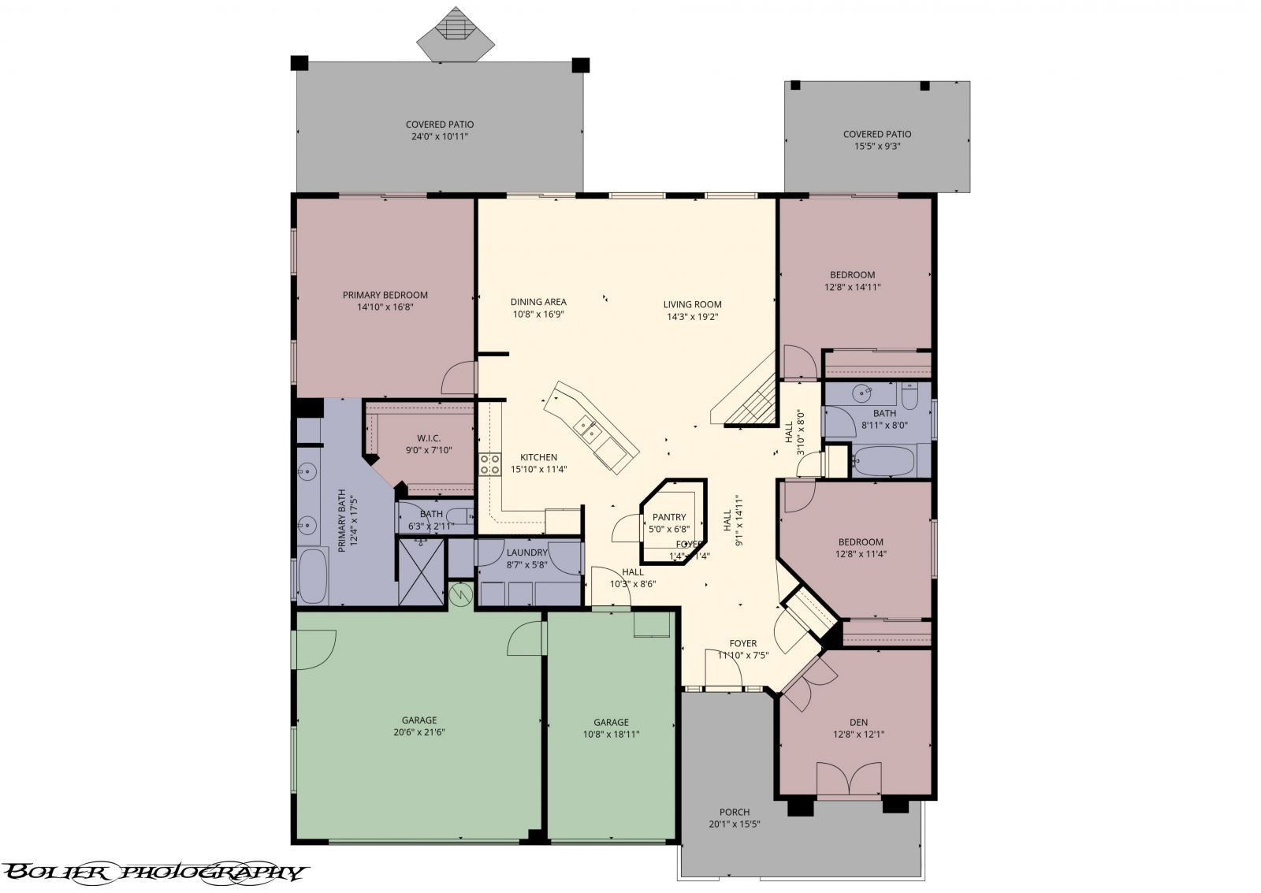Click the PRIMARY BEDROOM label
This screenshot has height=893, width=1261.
[x=385, y=296]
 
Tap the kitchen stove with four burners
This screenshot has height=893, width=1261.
[x=489, y=464]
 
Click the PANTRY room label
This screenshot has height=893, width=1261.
[x=669, y=517]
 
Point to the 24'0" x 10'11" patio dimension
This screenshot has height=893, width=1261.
[x=439, y=137]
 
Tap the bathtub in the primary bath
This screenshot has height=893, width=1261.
[x=314, y=576]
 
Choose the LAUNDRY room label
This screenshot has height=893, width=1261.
[x=526, y=553]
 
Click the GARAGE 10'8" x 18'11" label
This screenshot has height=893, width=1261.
[x=611, y=722]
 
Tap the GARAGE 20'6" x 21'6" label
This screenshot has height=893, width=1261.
[x=418, y=720]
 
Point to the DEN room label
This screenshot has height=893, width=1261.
[x=858, y=722]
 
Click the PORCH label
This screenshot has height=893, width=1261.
[x=734, y=812]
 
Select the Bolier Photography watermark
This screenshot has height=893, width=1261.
[x=154, y=872]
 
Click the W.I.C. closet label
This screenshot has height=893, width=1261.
[x=429, y=438]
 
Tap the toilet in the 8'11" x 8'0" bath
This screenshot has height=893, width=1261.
[x=909, y=396]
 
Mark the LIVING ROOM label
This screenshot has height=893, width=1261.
[x=692, y=304]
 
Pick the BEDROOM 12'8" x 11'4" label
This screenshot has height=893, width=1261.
[x=860, y=542]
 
